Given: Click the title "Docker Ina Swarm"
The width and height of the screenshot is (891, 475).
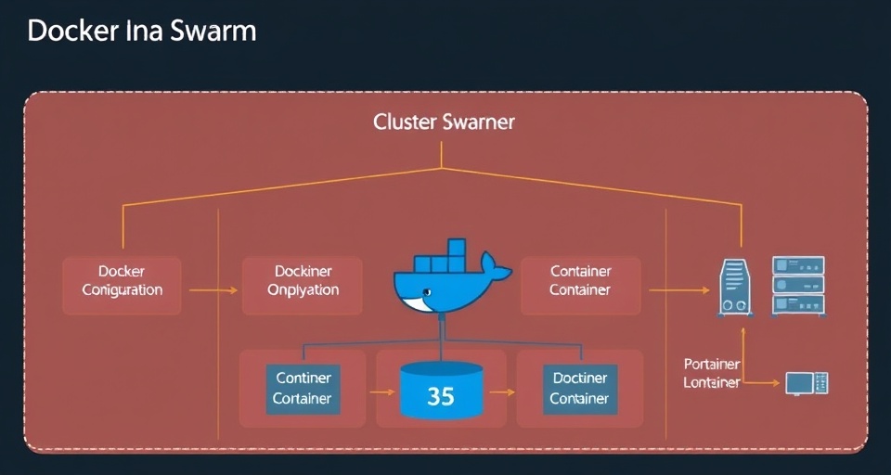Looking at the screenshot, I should click(x=141, y=31).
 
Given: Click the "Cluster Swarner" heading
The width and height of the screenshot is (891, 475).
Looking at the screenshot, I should click(x=444, y=122).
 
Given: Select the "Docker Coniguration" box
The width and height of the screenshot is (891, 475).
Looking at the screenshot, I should click(x=122, y=281).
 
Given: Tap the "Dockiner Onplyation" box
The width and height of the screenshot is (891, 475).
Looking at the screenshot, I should click(x=303, y=281).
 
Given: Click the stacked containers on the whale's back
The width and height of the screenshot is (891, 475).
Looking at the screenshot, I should click(x=445, y=255).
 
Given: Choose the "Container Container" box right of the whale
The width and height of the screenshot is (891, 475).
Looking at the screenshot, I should click(x=580, y=281).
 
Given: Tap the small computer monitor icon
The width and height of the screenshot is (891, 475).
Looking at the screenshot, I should click(x=803, y=382).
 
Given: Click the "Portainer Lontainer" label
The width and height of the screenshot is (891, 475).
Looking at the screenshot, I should click(x=712, y=373).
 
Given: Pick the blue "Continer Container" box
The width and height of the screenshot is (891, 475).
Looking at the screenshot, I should click(x=303, y=388).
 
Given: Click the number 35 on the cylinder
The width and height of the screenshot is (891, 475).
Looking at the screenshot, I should click(x=441, y=396).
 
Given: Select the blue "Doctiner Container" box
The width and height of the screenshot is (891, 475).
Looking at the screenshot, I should click(x=580, y=388).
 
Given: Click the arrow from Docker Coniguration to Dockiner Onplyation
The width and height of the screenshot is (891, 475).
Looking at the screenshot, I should click(x=213, y=290).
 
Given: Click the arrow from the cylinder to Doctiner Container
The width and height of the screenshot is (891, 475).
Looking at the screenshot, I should click(x=502, y=392).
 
